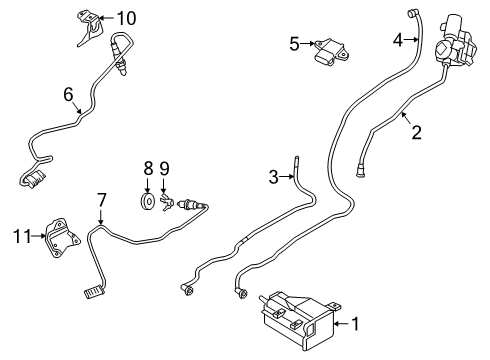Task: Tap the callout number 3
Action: click(273, 178)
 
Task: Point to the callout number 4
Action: click(397, 41)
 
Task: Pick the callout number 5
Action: click(294, 43)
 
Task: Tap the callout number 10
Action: click(125, 18)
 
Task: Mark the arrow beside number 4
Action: click(410, 41)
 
